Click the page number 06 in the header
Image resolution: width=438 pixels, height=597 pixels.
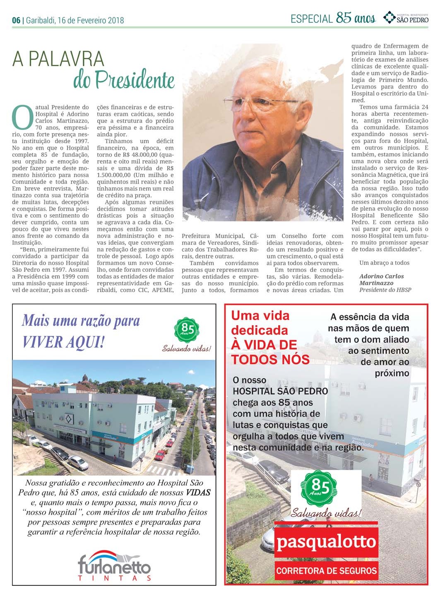(16, 20)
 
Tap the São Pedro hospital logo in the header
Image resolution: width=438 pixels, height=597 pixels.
(406, 18)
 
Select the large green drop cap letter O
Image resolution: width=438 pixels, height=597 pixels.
(22, 117)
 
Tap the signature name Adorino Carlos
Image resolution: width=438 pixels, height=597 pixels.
(381, 276)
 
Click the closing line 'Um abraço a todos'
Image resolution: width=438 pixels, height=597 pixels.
(384, 263)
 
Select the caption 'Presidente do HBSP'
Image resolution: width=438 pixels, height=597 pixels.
(385, 290)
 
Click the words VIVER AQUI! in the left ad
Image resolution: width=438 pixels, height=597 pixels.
(63, 343)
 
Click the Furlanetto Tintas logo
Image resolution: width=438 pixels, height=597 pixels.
(114, 566)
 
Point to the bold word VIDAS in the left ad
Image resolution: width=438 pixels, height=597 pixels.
(198, 493)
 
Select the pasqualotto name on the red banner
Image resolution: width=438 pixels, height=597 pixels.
(326, 542)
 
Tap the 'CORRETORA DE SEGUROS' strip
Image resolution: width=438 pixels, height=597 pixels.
(326, 571)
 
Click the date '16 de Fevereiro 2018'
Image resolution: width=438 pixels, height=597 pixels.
(91, 20)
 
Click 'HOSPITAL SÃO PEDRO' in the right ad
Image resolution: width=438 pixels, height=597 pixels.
(280, 391)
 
